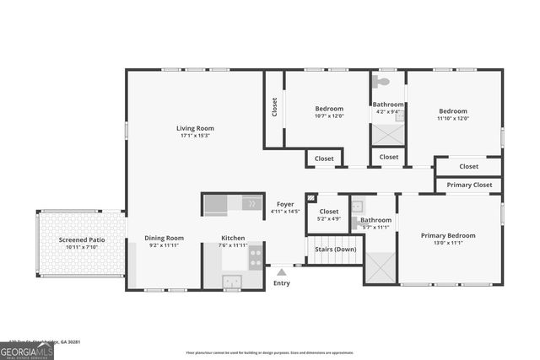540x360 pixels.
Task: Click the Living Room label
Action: (193, 127)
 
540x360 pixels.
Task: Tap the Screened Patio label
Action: (82, 240)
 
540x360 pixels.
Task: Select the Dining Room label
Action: (164, 238)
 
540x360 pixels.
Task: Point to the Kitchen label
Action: (233, 238)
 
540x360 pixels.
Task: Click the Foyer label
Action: (285, 204)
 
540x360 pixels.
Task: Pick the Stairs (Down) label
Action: (334, 250)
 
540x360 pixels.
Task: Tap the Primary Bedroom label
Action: (448, 235)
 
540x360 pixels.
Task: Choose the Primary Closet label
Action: (469, 185)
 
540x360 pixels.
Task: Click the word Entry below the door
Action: (282, 283)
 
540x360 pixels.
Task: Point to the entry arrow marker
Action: (283, 271)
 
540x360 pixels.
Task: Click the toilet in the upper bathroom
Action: (381, 82)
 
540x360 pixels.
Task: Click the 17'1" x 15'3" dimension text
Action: (193, 135)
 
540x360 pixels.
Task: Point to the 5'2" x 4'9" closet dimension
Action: (328, 219)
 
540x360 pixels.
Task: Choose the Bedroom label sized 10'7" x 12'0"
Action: (329, 109)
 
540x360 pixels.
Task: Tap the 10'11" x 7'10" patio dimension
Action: (82, 248)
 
